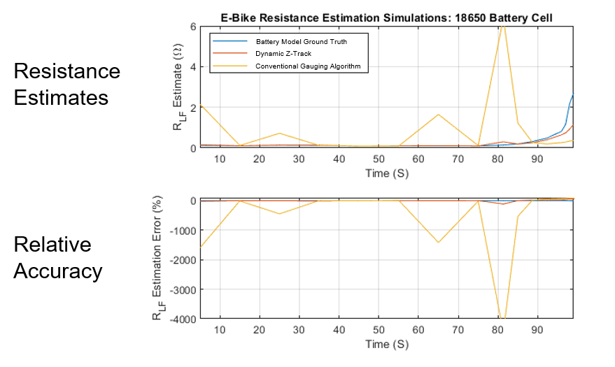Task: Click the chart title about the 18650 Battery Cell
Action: [386, 18]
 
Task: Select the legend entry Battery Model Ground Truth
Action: [301, 42]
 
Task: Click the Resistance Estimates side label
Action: [66, 84]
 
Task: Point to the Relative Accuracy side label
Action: [57, 257]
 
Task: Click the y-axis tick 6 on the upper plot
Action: [193, 27]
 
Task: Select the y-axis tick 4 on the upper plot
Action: [193, 67]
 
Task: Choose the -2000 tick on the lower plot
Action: [184, 259]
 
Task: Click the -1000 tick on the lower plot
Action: [184, 230]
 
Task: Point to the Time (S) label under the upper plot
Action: [386, 173]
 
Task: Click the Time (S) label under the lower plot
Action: [386, 344]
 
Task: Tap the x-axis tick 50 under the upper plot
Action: [379, 159]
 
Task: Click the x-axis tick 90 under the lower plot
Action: [537, 330]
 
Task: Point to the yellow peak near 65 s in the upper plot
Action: [438, 115]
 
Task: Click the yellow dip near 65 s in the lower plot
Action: [438, 242]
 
